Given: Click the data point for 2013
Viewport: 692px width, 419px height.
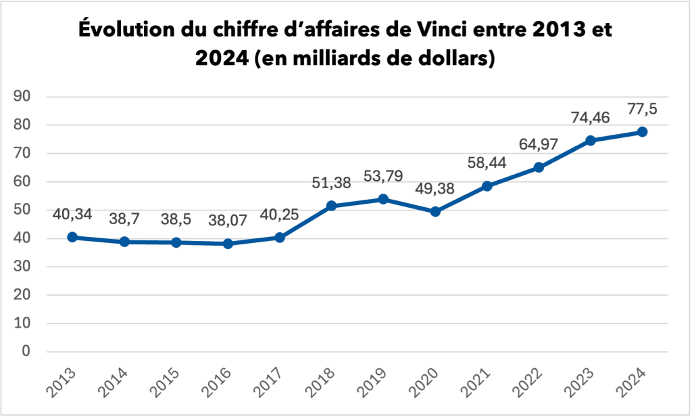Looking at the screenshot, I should pos(72,237).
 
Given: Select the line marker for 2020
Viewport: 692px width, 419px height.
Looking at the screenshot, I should pos(435,211).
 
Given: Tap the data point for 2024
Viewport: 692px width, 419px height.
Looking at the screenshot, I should pos(642,131).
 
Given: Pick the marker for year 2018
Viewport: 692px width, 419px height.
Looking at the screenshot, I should pos(332,206).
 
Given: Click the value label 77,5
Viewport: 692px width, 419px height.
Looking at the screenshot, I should pos(642,109).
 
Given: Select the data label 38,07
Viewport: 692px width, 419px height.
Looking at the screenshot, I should pos(228,221).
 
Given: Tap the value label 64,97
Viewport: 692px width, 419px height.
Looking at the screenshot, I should pos(539,144).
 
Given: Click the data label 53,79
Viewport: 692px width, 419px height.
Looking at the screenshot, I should pos(383,177).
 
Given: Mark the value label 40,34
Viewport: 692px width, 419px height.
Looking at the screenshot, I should pos(72,215).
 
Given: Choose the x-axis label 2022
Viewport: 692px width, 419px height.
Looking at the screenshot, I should pos(530,383).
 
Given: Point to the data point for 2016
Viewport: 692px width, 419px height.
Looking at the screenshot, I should pos(228,244).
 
